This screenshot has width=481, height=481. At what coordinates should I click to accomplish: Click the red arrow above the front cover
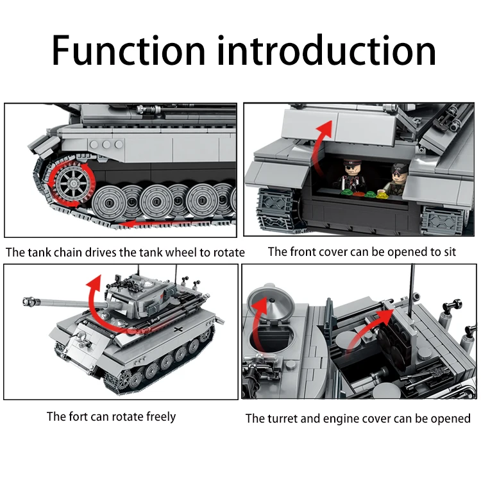pos(320,135)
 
